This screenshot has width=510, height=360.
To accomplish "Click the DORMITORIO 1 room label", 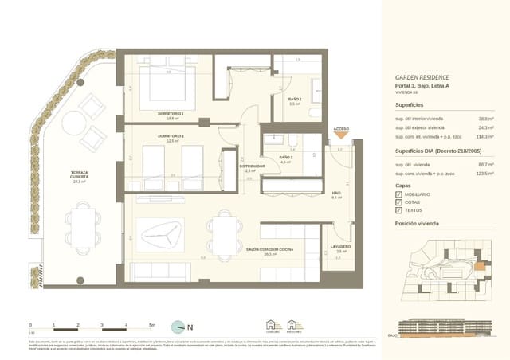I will [171, 114].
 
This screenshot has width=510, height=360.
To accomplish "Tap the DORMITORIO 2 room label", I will [171, 136].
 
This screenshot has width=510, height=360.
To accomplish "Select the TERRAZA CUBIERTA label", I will [78, 173].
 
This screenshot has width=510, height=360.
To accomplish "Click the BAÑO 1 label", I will [294, 99].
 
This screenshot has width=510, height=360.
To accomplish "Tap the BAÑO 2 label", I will [286, 158].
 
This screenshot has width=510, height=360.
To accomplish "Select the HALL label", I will [336, 193].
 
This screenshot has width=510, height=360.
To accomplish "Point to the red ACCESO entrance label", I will [340, 128].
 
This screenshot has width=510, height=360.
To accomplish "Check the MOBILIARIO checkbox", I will [398, 194].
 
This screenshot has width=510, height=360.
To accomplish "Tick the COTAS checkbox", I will [398, 203].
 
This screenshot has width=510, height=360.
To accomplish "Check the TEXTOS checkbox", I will [398, 212].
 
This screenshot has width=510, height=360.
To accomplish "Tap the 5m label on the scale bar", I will [152, 326].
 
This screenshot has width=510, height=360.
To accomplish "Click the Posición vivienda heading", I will [417, 225].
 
